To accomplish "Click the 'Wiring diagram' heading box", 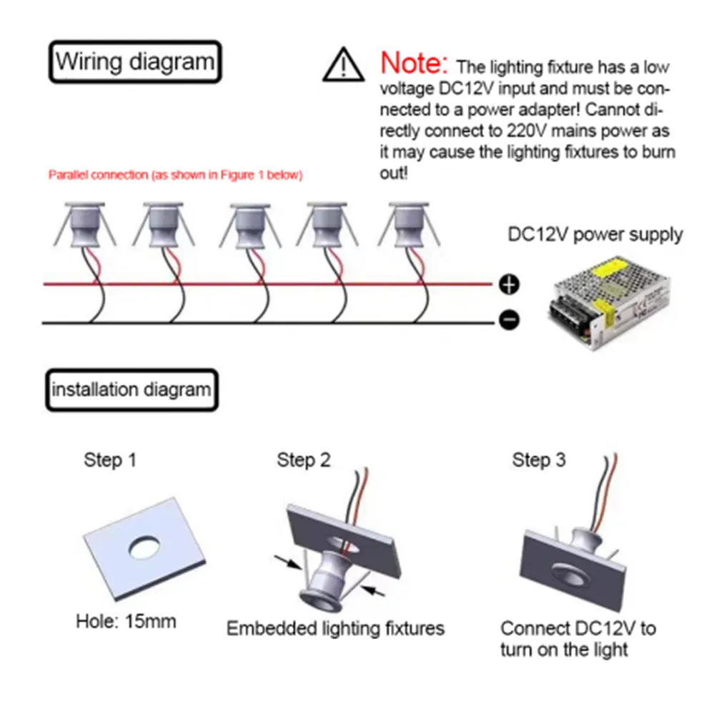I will (135, 62).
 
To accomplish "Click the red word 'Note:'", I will (415, 63).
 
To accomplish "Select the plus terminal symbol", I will (508, 285).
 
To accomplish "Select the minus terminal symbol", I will (508, 322).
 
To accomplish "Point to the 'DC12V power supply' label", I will (595, 234).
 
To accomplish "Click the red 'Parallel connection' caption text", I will (175, 175).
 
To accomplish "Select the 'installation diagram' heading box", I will (132, 390).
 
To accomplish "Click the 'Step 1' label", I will (109, 460).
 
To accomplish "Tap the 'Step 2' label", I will (304, 460).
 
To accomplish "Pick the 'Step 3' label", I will (538, 460).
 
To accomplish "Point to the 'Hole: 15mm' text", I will (126, 620).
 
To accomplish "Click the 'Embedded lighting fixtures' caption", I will (335, 628).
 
